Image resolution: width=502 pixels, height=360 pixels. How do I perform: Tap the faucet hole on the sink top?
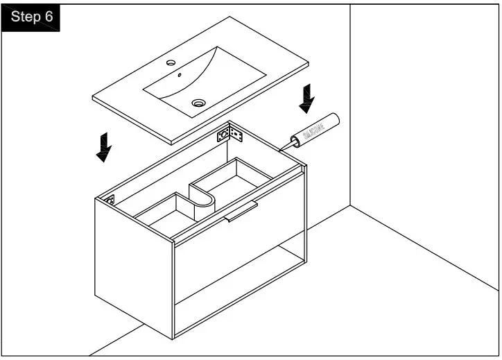171,63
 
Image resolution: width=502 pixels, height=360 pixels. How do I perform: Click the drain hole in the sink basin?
199,103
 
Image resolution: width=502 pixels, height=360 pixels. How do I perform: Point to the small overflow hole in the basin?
180,75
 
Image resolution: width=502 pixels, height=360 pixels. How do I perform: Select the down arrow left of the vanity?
104,147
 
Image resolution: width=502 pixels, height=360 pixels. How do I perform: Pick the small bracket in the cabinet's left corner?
110,198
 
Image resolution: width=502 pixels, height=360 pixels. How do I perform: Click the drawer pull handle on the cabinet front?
241,212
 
